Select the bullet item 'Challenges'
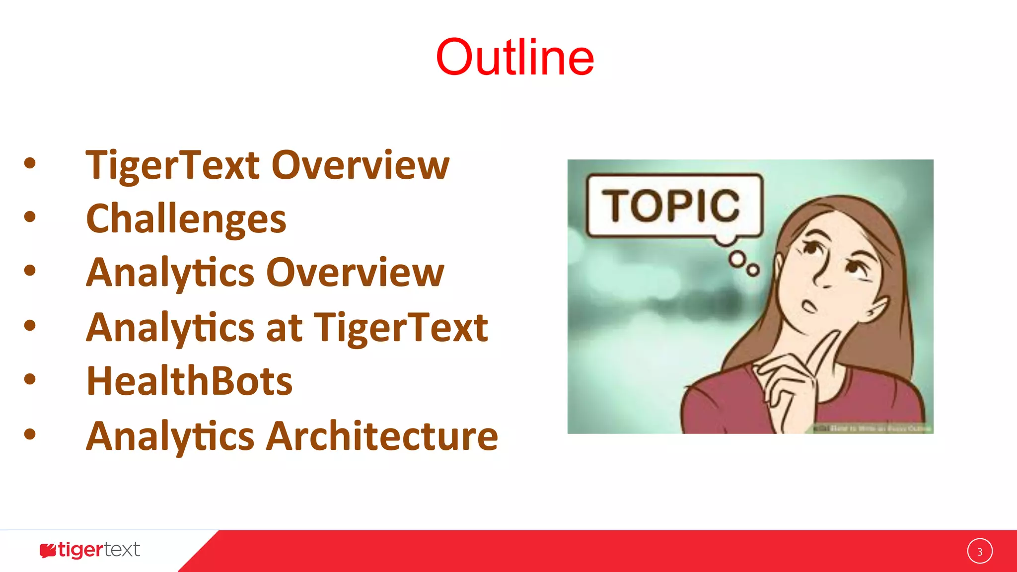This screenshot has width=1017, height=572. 186,219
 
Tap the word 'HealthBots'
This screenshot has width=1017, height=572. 189,381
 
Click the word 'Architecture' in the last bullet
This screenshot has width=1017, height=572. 382,436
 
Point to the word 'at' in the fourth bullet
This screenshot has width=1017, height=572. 284,328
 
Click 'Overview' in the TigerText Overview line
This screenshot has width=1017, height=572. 361,165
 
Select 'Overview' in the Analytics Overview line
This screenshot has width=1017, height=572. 356,273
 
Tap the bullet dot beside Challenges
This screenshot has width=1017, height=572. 30,216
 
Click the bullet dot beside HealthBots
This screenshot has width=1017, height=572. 30,379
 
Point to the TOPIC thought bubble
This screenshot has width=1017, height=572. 674,206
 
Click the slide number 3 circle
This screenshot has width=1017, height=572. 980,551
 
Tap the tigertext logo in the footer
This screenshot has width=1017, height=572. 90,550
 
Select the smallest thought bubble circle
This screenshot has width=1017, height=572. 753,270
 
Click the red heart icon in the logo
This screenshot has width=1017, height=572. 48,550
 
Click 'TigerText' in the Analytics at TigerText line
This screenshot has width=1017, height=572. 401,328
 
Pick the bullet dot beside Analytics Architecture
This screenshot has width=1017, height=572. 30,434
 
